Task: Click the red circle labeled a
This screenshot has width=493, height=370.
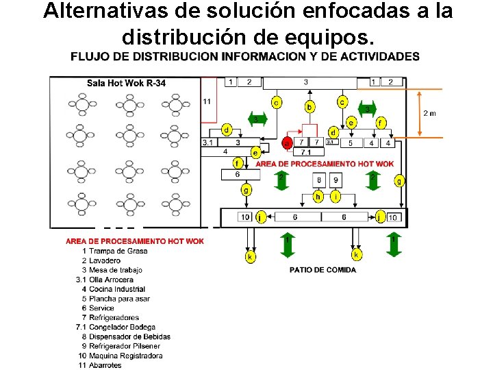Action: point(288,143)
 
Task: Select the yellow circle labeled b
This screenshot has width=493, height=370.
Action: point(310,107)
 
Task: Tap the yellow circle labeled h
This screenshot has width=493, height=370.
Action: point(318,197)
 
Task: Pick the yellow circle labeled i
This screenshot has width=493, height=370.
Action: point(335,197)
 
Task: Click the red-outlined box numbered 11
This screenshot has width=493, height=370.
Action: point(208,101)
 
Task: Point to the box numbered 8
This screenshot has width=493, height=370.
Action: point(319,180)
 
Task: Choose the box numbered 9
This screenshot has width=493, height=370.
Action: point(335,180)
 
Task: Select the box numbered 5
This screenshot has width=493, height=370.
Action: point(351,143)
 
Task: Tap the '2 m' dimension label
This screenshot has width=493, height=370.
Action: point(430,113)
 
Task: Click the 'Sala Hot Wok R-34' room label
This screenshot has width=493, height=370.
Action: point(126,84)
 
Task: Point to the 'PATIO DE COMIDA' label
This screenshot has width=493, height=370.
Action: point(323,270)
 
